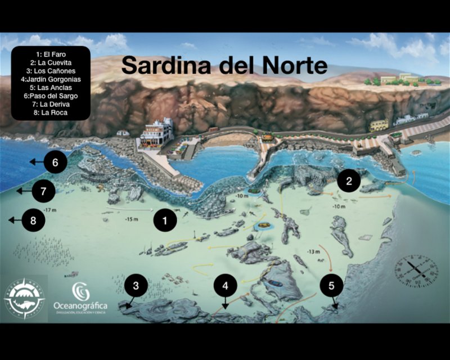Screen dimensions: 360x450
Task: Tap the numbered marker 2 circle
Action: point(349,181)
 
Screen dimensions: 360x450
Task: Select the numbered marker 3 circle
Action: point(136,285)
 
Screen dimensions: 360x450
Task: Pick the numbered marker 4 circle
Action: point(226,285)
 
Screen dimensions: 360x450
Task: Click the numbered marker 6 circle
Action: point(55,163)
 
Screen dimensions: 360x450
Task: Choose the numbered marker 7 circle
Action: point(43,191)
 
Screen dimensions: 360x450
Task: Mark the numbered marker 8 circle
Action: point(33,220)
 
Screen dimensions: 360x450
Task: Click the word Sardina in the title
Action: point(161,65)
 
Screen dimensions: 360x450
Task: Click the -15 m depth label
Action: point(132,219)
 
